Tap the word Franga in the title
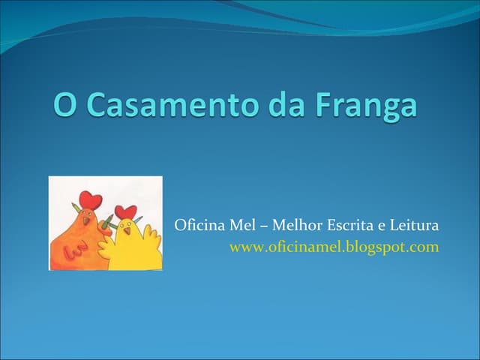tap(367, 105)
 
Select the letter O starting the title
tap(65, 104)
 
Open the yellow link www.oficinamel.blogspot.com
tap(334, 246)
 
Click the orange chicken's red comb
tap(90, 200)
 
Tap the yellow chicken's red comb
tap(126, 211)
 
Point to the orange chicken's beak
tap(85, 220)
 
